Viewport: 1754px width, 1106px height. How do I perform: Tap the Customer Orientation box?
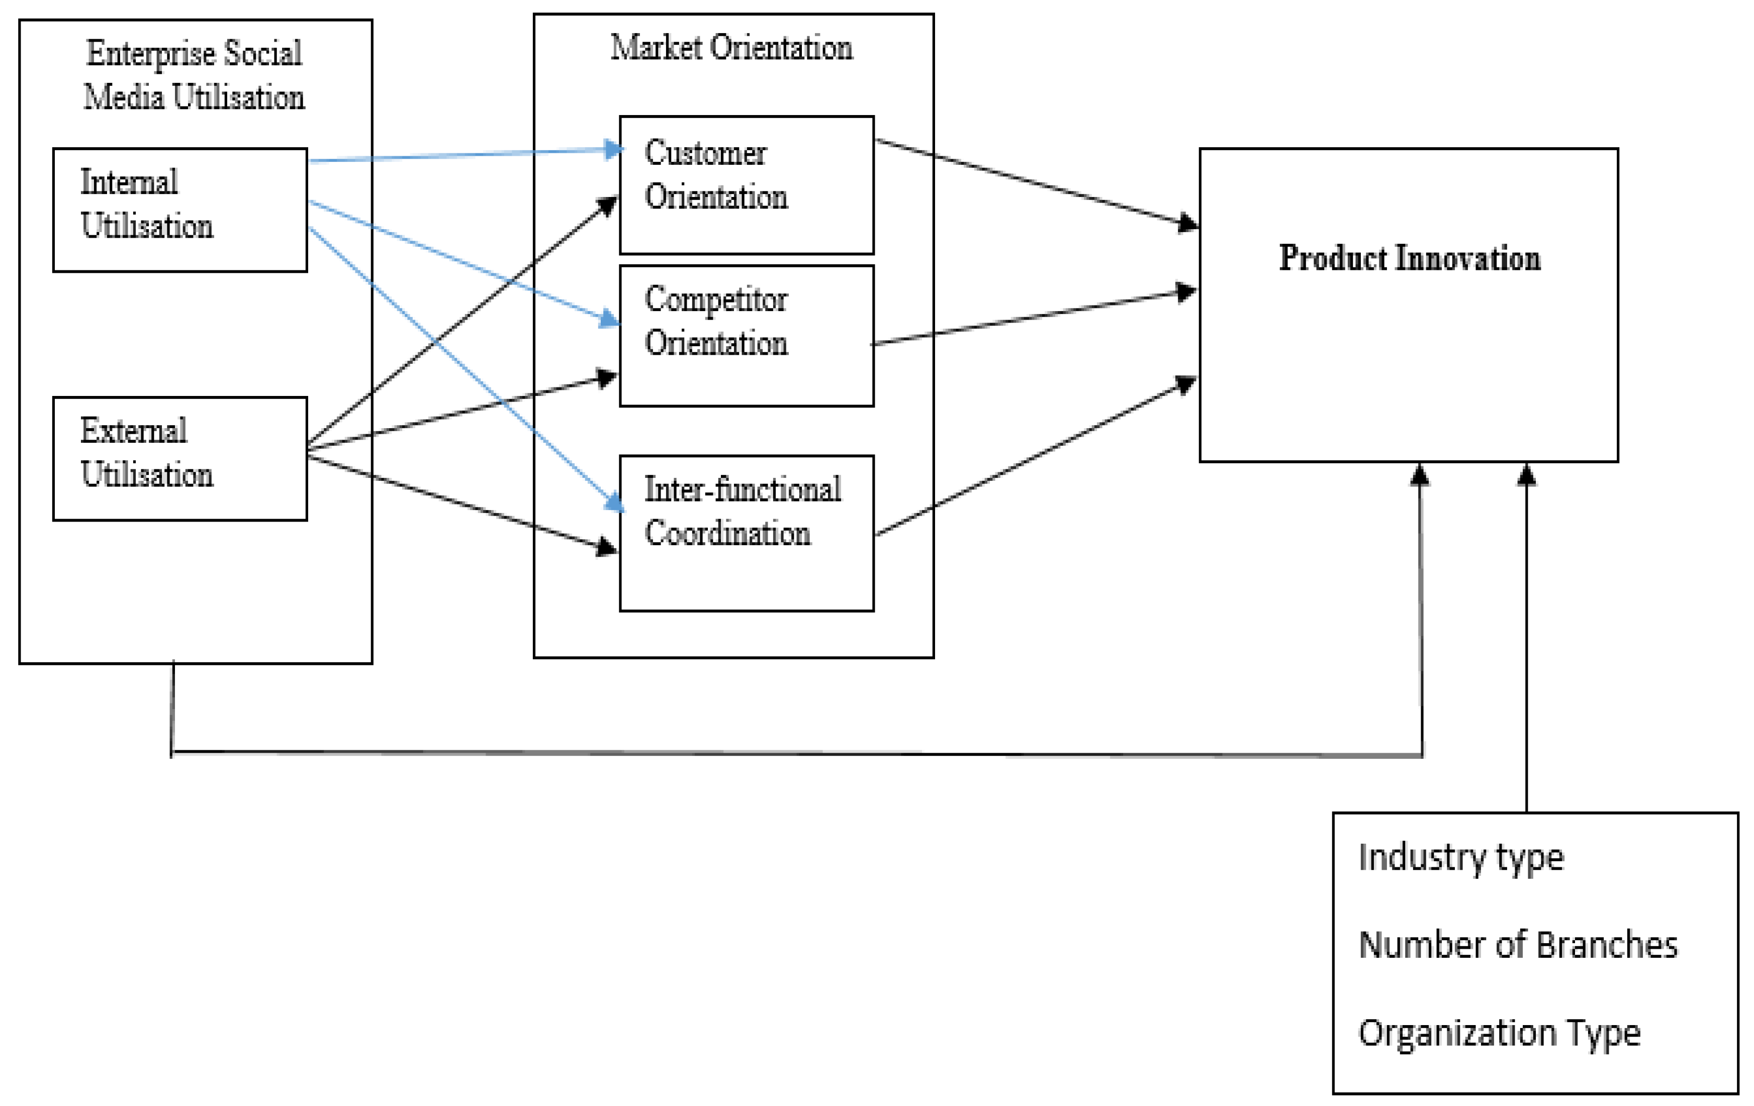pyautogui.click(x=746, y=184)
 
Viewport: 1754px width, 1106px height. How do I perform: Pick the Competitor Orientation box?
pyautogui.click(x=746, y=335)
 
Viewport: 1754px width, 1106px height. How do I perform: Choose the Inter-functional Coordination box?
pyautogui.click(x=746, y=533)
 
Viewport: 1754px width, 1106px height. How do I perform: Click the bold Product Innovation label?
pyautogui.click(x=1410, y=258)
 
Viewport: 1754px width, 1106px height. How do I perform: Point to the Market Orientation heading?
pyautogui.click(x=731, y=48)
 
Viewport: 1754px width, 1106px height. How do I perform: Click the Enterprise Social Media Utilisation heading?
pyautogui.click(x=194, y=75)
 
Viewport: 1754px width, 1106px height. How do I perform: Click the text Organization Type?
pyautogui.click(x=1499, y=1033)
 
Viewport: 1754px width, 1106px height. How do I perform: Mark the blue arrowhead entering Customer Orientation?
pyautogui.click(x=613, y=150)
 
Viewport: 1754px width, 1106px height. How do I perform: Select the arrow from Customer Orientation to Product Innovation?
pyautogui.click(x=1034, y=182)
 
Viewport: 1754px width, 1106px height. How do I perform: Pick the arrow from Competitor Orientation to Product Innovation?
pyautogui.click(x=1034, y=318)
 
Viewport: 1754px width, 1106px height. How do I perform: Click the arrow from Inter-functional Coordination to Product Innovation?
pyautogui.click(x=1034, y=457)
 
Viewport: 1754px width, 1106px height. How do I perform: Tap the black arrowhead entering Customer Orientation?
pyautogui.click(x=607, y=206)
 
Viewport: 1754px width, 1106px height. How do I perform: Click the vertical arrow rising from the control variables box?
pyautogui.click(x=1526, y=641)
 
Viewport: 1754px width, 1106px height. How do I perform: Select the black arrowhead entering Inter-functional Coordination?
pyautogui.click(x=606, y=546)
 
